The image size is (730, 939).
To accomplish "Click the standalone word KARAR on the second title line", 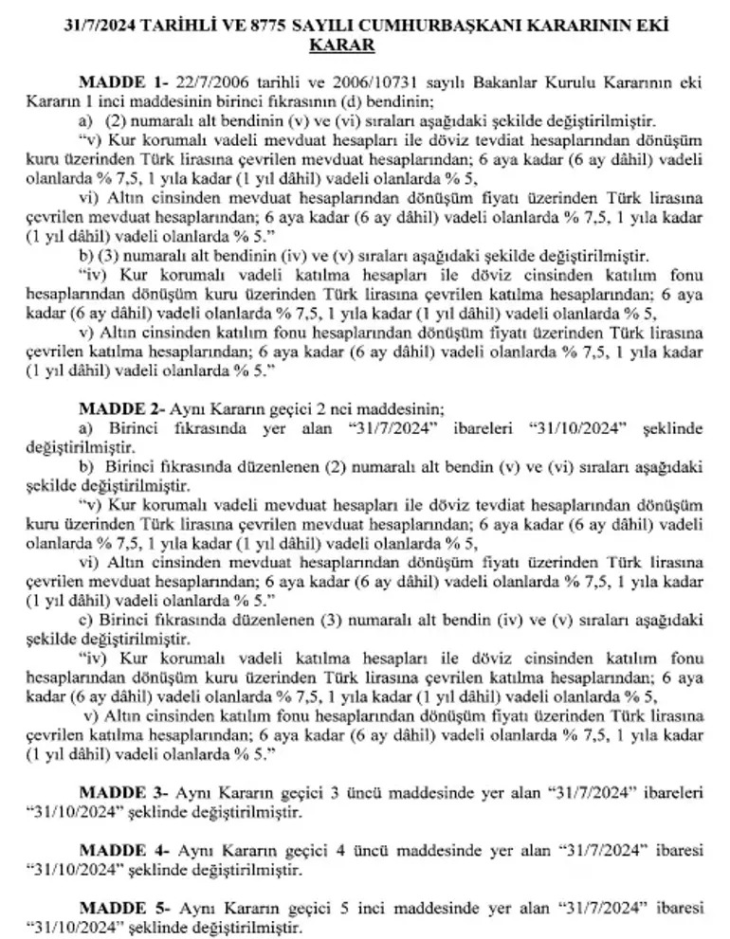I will pos(364,45).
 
